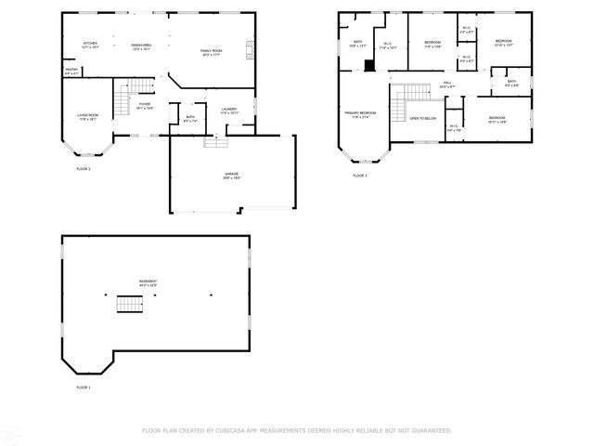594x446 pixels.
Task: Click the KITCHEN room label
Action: pyautogui.click(x=90, y=44)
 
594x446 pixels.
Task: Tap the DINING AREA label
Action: pyautogui.click(x=142, y=44)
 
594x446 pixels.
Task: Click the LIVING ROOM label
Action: pyautogui.click(x=88, y=116)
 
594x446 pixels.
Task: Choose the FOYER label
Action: pyautogui.click(x=145, y=105)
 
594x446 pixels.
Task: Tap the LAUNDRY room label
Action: pyautogui.click(x=229, y=111)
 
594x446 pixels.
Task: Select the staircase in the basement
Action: pyautogui.click(x=129, y=305)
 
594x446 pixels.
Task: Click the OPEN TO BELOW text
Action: pyautogui.click(x=423, y=119)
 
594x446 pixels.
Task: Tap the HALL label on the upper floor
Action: pyautogui.click(x=446, y=85)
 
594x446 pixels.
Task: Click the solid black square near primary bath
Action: pyautogui.click(x=369, y=66)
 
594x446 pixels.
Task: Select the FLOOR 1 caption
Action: pyautogui.click(x=84, y=387)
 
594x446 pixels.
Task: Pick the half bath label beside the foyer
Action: pyautogui.click(x=189, y=118)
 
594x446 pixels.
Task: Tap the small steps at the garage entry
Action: pyautogui.click(x=215, y=141)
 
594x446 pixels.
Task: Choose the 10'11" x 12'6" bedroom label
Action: pyautogui.click(x=497, y=119)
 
